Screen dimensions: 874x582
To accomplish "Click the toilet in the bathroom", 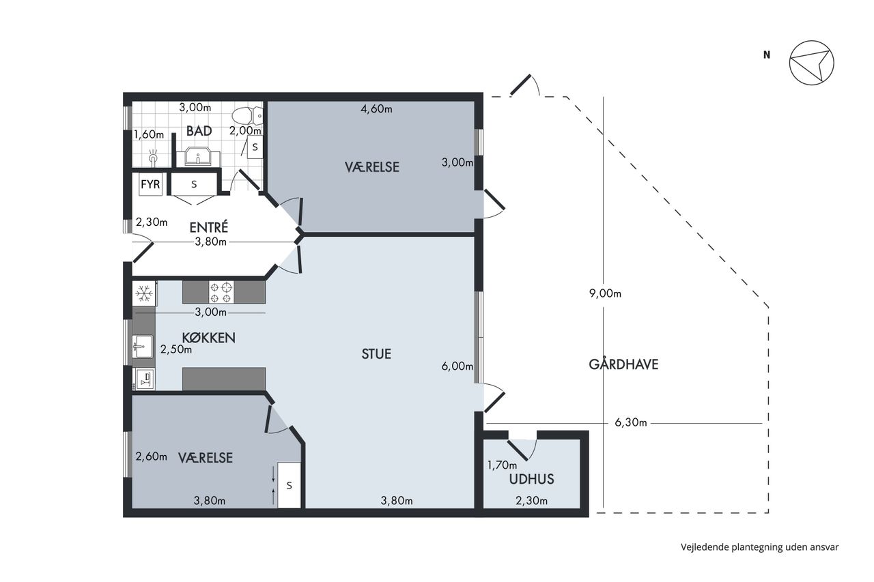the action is (x=248, y=115).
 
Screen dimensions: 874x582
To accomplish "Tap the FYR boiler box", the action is (x=150, y=184).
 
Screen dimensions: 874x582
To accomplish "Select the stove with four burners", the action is (x=222, y=292).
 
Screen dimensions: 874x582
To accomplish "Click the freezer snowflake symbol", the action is (x=144, y=293).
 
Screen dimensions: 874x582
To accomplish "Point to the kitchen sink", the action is (x=143, y=347).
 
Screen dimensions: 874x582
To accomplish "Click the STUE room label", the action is (x=376, y=354).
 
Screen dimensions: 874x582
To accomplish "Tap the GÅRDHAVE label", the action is (x=623, y=364).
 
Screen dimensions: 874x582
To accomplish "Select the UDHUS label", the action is (x=531, y=479).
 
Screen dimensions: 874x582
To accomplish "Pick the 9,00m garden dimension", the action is (x=605, y=293).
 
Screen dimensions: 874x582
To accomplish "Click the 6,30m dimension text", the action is (x=630, y=422).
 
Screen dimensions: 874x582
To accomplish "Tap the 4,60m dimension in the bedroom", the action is (x=376, y=108).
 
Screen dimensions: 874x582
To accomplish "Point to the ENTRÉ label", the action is (x=209, y=227).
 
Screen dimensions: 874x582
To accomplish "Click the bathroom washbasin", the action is (x=198, y=156).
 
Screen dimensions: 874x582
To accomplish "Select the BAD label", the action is (x=199, y=131).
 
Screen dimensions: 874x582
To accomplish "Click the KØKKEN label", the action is (x=209, y=338).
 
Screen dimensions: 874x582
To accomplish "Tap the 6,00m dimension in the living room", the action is (x=457, y=366).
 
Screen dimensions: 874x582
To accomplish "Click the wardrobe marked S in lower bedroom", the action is (x=289, y=485).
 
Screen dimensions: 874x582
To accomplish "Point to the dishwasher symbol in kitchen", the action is (x=143, y=379).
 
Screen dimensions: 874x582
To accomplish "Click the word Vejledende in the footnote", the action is (x=705, y=547).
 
